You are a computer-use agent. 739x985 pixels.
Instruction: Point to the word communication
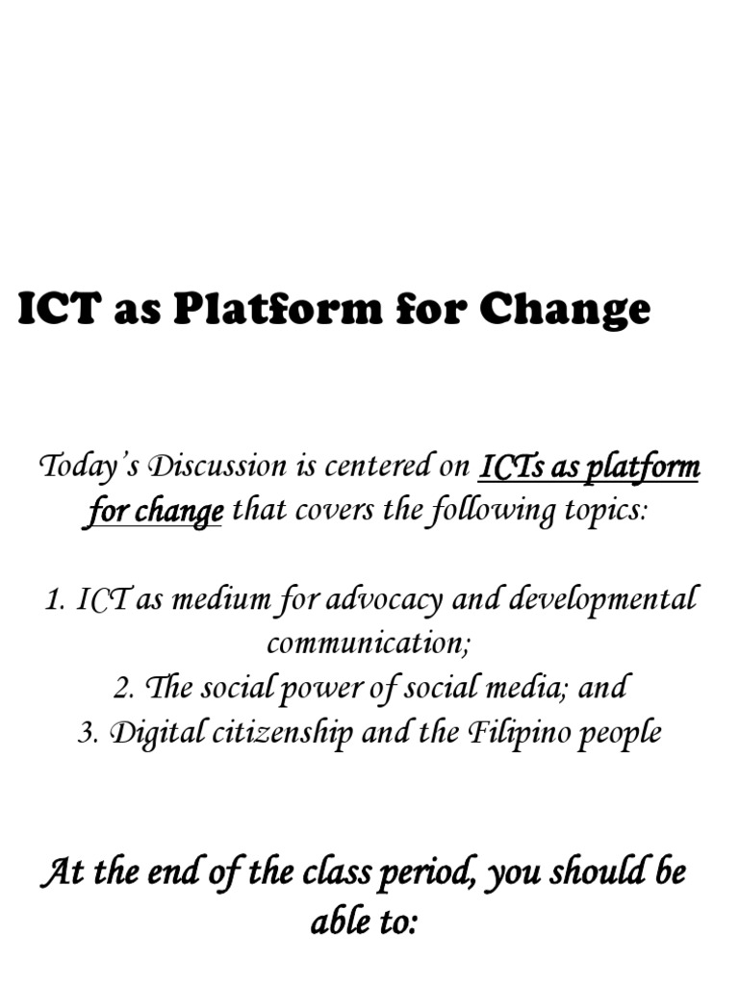coord(368,644)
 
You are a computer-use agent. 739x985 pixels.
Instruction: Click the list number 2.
coord(121,688)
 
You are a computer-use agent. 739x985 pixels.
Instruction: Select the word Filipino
coord(517,733)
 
